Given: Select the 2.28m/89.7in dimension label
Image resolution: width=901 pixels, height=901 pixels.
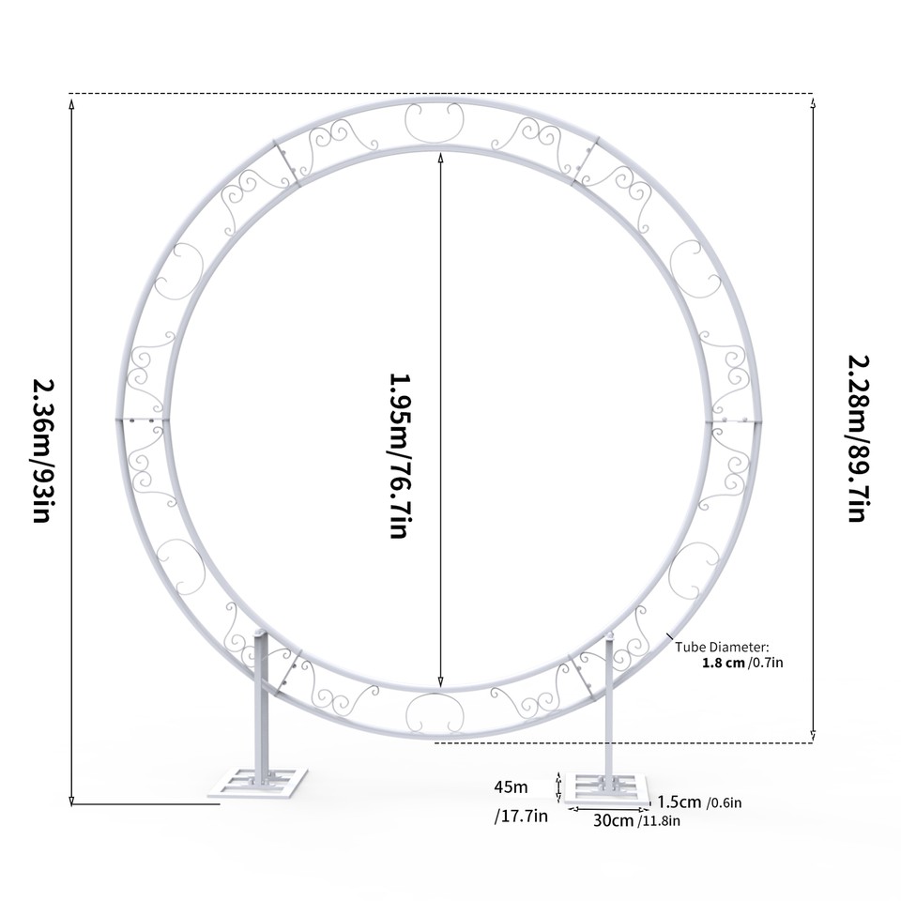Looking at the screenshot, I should [856, 437].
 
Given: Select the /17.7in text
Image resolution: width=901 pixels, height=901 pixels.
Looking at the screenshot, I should [521, 817].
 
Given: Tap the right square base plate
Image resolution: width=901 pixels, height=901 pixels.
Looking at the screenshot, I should [608, 788].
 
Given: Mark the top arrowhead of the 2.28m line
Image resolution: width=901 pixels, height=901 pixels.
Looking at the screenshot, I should [813, 101].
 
